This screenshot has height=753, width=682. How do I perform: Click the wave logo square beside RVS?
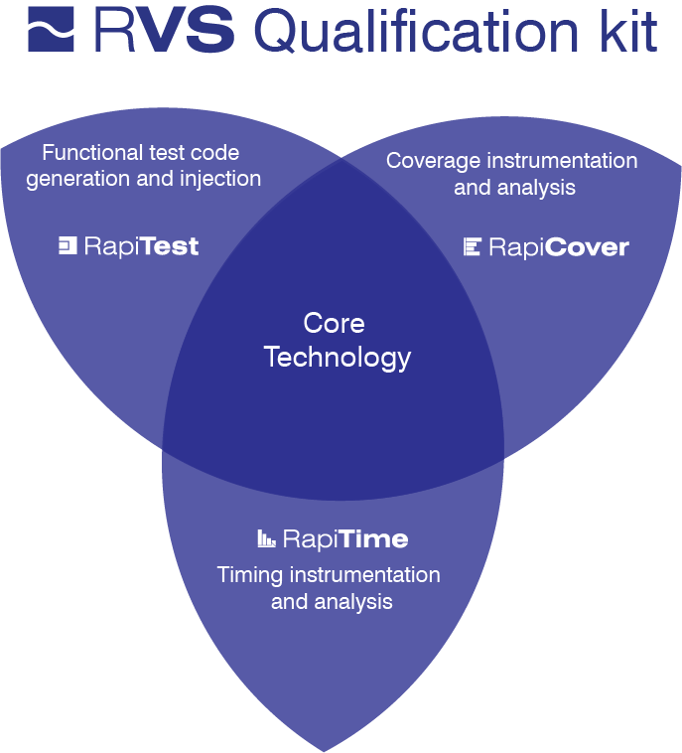[x=51, y=29]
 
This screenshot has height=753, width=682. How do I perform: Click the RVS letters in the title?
[x=164, y=30]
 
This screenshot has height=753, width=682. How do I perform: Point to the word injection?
[x=220, y=179]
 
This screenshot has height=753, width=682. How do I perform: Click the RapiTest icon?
[x=68, y=245]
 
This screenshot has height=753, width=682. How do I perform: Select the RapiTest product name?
[x=142, y=246]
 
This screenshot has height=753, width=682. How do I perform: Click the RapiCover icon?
[x=473, y=246]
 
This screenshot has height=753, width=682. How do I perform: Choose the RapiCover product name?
[x=559, y=247]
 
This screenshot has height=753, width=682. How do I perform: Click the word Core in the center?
[x=334, y=323]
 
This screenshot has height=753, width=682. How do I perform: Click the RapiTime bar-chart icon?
[x=266, y=538]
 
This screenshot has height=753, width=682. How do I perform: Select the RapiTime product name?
[x=345, y=538]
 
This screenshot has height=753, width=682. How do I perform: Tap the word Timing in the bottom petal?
[x=249, y=576]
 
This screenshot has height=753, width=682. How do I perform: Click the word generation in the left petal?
[x=78, y=180]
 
